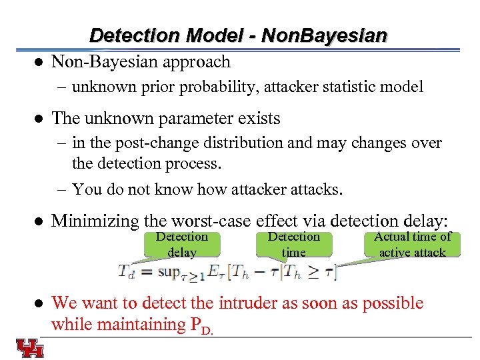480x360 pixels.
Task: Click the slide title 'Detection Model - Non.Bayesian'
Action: point(238,35)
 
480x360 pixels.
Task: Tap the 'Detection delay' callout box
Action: point(181,244)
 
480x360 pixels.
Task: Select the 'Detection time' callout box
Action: point(293,244)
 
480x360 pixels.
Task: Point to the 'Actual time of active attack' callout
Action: point(412,244)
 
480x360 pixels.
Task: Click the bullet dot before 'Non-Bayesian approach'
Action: point(39,63)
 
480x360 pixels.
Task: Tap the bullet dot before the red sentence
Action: point(39,303)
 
